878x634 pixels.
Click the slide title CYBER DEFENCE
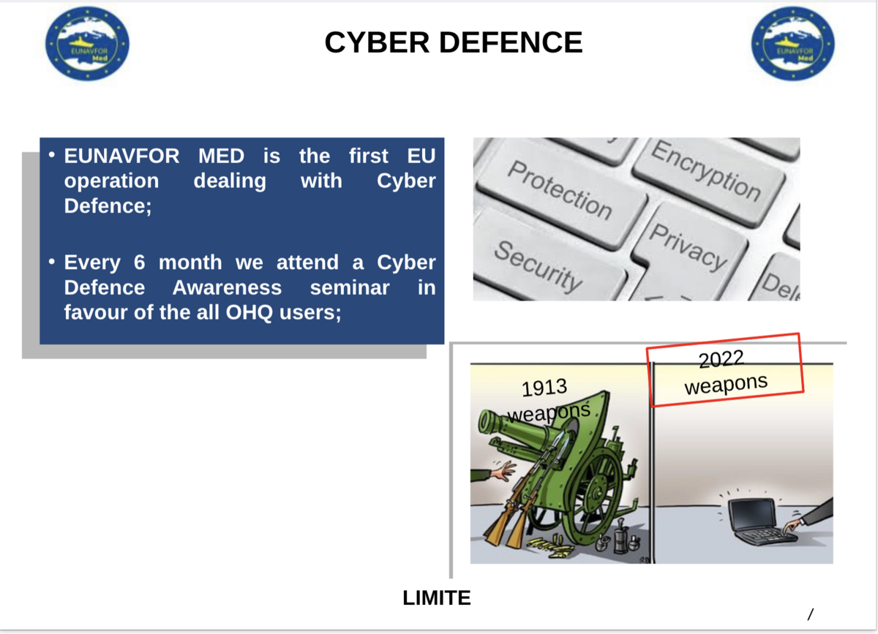pos(453,42)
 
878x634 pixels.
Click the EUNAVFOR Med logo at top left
pos(87,43)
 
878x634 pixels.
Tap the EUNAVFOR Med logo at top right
pos(793,43)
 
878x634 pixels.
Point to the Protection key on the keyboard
pos(560,190)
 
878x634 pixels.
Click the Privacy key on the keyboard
pos(688,246)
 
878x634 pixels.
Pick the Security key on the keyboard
pos(538,265)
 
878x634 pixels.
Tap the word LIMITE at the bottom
pos(437,598)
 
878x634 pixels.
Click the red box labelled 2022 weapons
pos(725,371)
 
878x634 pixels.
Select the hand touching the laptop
pos(798,523)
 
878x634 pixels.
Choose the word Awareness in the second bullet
pos(227,287)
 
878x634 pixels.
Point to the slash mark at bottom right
pos(810,614)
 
